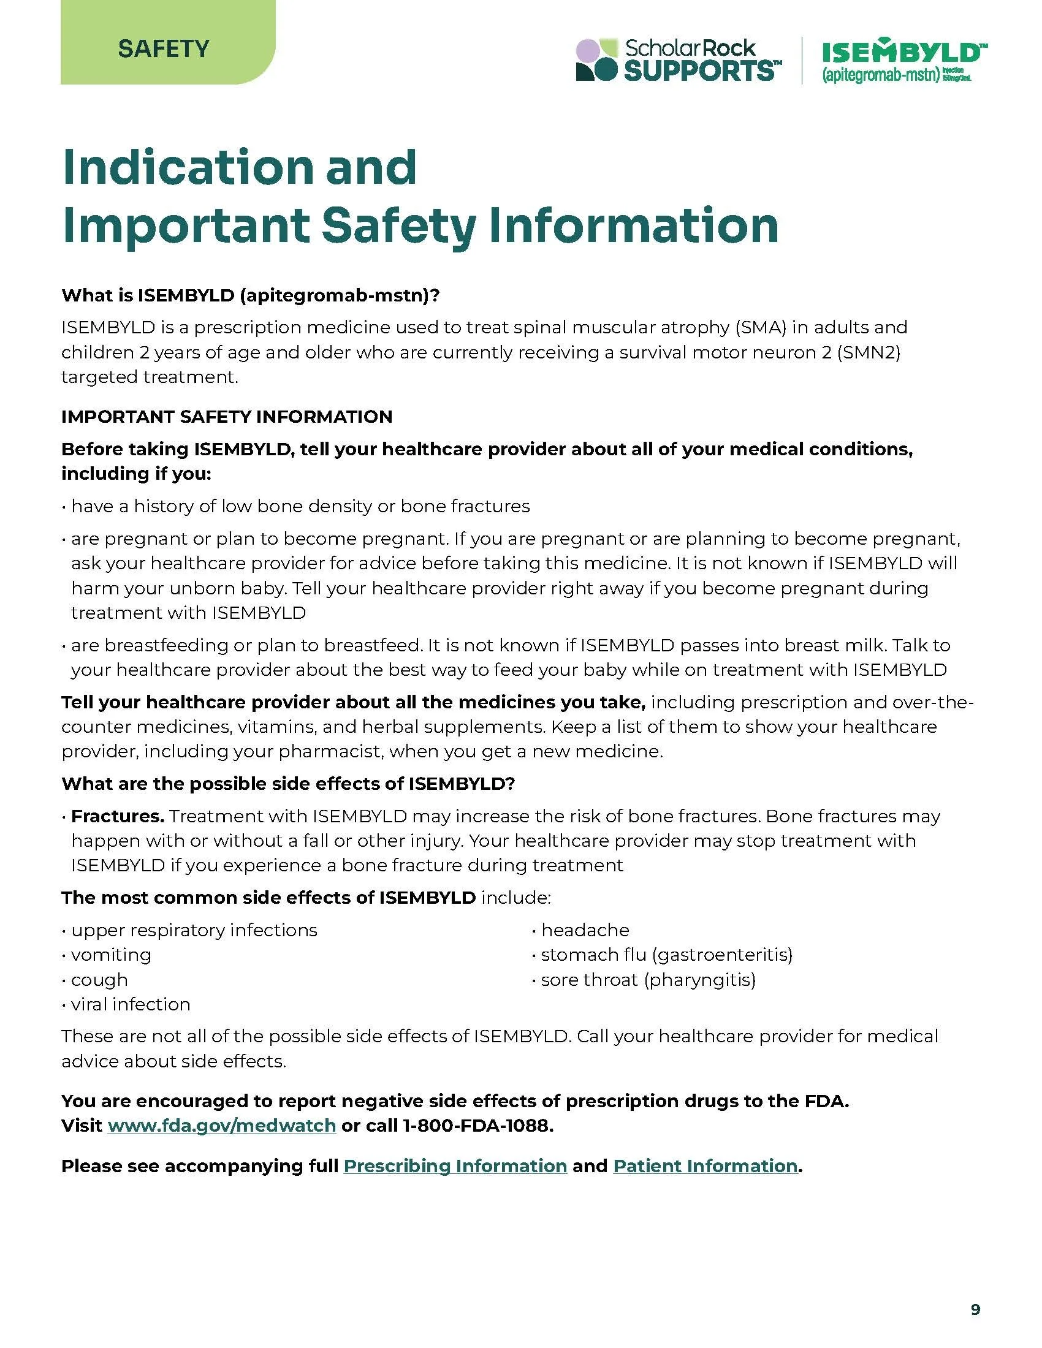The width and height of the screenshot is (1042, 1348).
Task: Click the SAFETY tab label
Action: coord(164,48)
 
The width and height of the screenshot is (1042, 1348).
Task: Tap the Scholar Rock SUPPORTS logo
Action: coord(678,60)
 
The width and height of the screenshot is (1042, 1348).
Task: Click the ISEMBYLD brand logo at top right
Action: coord(900,61)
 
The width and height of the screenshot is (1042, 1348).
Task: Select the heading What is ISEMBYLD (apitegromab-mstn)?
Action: coord(250,295)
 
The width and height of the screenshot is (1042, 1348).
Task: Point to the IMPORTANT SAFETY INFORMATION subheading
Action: coord(227,417)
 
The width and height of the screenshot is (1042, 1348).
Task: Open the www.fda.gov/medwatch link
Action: coord(222,1125)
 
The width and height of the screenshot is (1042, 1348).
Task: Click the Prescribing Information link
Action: coord(455,1165)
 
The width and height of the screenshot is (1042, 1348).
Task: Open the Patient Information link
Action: coord(705,1165)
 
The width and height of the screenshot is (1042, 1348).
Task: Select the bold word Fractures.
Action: coord(117,816)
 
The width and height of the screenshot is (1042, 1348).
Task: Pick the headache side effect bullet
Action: coord(584,930)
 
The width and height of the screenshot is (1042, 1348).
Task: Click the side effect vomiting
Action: coord(111,955)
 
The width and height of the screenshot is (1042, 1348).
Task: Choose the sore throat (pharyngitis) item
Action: coord(647,980)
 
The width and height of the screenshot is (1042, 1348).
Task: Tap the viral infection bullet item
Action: coord(130,1004)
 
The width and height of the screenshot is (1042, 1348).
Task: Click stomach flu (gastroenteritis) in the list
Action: coord(666,955)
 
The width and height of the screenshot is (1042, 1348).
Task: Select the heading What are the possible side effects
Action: coord(287,784)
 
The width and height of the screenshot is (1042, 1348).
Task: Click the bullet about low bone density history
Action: coord(300,506)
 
